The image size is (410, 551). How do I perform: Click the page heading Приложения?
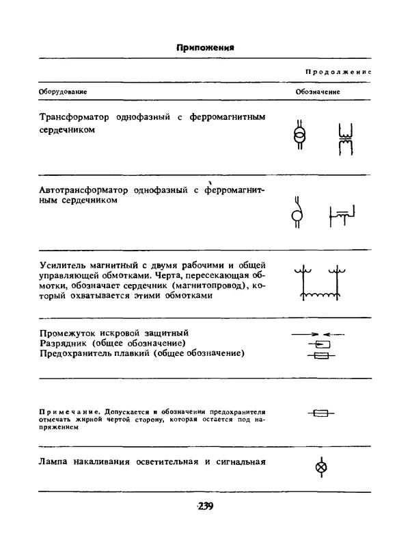click(x=205, y=48)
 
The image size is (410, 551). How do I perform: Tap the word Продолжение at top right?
click(x=337, y=72)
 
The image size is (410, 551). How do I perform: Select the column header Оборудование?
click(x=61, y=91)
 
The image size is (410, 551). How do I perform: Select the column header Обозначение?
click(x=318, y=91)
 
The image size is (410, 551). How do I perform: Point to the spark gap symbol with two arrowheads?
click(x=318, y=333)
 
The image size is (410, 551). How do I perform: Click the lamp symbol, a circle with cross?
click(x=319, y=468)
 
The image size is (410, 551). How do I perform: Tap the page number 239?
click(x=204, y=507)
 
